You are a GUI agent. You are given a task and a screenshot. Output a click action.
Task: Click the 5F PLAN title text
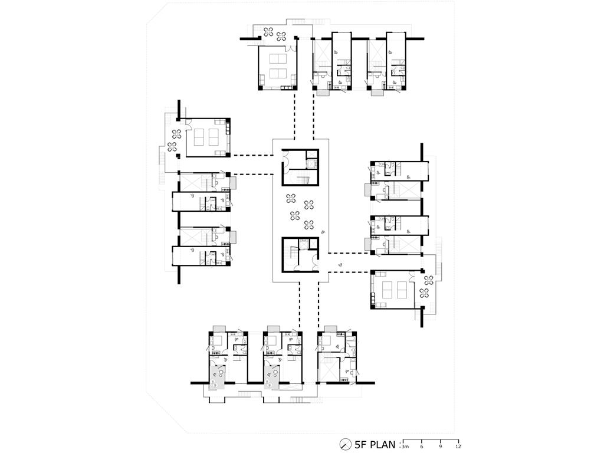point(375,444)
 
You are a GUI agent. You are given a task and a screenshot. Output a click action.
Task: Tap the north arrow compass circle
point(345,444)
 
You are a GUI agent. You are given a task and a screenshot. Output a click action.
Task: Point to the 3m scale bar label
point(405,447)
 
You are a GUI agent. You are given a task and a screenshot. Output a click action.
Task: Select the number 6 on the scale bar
point(422,447)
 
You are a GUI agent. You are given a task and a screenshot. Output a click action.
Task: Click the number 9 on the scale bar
point(440,447)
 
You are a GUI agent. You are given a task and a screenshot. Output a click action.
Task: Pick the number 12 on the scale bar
point(458,447)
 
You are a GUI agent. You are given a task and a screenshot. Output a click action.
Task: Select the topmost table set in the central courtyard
point(291,199)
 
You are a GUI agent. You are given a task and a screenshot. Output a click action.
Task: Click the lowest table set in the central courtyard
point(308,224)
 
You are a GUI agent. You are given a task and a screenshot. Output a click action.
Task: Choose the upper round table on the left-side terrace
point(177,134)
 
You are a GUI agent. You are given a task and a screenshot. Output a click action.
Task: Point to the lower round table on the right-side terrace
point(425,293)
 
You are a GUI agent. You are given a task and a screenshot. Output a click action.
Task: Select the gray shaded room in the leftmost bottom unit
point(215,377)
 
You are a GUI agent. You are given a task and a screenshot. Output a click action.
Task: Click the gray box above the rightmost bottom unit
point(330,328)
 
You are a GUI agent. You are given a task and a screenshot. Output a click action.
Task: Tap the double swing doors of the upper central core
point(287,157)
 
